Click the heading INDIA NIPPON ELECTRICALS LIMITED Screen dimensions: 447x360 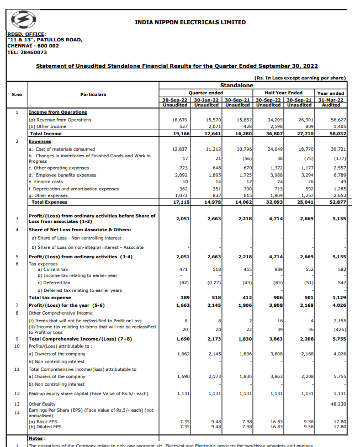pos(190,23)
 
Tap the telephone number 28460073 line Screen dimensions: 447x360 pos(27,52)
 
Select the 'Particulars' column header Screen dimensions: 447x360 pos(93,94)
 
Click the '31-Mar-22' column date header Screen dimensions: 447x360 pos(331,100)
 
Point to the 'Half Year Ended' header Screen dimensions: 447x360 pos(284,93)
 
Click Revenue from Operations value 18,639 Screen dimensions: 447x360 pos(180,120)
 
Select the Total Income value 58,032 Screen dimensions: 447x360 pos(338,134)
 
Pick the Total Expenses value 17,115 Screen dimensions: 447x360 pos(179,202)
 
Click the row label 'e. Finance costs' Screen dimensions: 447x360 pos(46,182)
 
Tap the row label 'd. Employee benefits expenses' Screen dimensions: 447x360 pos(62,175)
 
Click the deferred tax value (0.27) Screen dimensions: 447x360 pos(213,283)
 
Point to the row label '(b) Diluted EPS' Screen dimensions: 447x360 pos(45,427)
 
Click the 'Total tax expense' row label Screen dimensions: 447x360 pos(50,297)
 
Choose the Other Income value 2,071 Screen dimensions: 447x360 pos(213,126)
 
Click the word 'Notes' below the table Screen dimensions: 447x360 pos(36,438)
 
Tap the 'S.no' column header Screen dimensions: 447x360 pos(17,94)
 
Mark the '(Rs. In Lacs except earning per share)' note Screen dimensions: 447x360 pos(300,78)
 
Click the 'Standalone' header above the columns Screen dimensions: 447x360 pos(236,86)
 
